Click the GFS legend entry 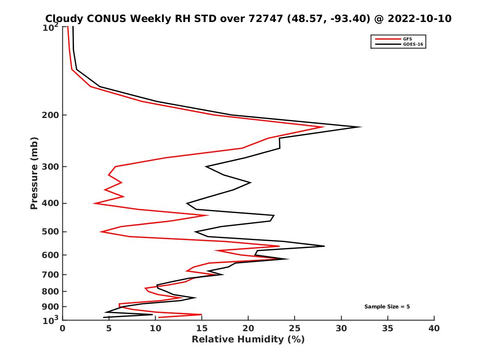point(408,39)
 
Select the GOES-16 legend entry point(412,44)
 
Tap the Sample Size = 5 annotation point(387,307)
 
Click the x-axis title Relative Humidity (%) point(248,340)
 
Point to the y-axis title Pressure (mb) point(34,173)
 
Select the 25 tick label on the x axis point(295,329)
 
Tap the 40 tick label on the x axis point(434,329)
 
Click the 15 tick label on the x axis point(202,329)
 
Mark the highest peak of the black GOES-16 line point(361,127)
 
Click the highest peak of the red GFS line point(323,127)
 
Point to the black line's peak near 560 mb point(324,246)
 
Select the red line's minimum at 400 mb point(94,204)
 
